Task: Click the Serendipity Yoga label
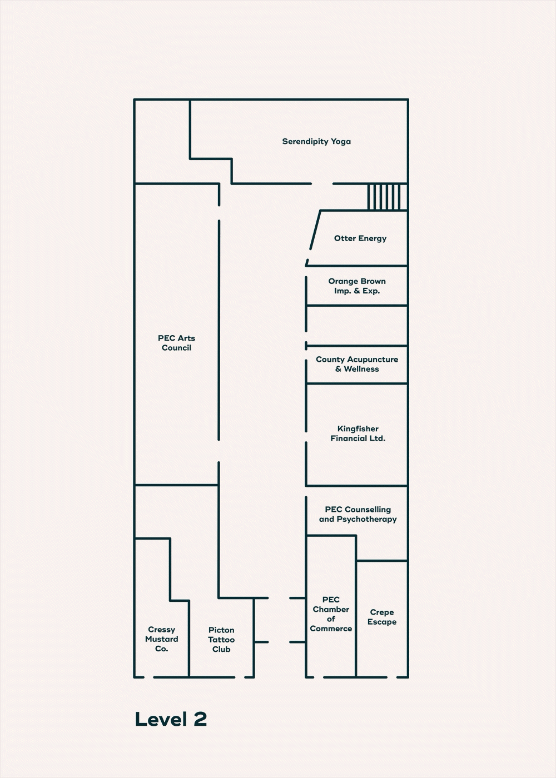[x=316, y=141]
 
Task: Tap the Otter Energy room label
[x=360, y=238]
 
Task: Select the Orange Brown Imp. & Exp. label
[x=357, y=286]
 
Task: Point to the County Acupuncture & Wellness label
[x=357, y=364]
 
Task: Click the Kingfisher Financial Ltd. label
[x=358, y=433]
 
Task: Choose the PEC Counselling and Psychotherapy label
[x=358, y=514]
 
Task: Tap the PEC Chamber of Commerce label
[x=331, y=614]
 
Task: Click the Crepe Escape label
[x=382, y=617]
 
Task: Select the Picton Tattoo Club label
[x=221, y=640]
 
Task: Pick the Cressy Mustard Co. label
[x=161, y=639]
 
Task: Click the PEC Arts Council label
[x=176, y=343]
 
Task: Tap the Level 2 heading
[x=171, y=719]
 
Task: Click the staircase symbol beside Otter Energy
[x=388, y=197]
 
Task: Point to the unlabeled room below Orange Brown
[x=357, y=326]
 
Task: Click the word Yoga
[x=341, y=141]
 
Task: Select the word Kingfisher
[x=358, y=428]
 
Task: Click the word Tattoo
[x=221, y=640]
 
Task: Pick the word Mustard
[x=161, y=639]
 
